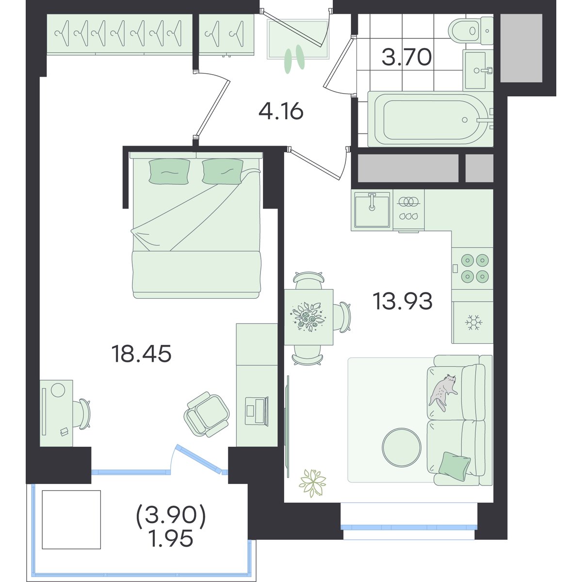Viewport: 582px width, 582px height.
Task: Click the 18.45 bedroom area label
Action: point(141,354)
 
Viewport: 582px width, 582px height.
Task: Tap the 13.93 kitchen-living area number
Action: point(403,301)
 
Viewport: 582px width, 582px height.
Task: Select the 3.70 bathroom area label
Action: point(406,58)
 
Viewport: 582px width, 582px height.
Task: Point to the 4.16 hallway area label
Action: point(281,112)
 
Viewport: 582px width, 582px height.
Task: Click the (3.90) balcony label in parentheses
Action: point(171,515)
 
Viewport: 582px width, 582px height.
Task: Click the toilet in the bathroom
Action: point(471,31)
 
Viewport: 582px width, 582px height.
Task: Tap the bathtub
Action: point(431,120)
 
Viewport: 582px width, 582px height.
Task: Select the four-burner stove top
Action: point(472,268)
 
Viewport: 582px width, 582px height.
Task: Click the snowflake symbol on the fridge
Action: point(474,322)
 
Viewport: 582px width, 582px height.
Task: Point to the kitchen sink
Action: point(372,210)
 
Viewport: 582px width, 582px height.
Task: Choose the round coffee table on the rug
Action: point(402,448)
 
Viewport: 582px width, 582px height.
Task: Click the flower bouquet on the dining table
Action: point(308,316)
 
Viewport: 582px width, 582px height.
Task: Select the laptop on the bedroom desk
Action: point(257,411)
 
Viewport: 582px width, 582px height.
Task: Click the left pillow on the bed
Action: point(169,171)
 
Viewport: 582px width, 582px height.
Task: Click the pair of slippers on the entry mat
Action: point(295,59)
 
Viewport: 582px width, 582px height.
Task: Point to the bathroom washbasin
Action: point(478,70)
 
